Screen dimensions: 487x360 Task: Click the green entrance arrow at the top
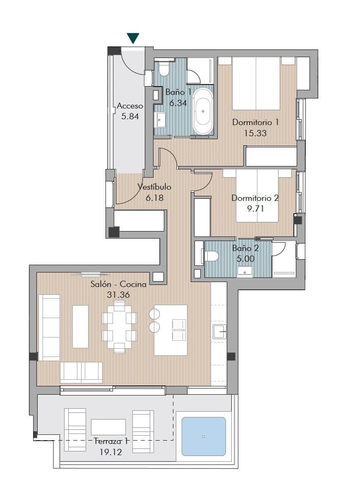coord(133,39)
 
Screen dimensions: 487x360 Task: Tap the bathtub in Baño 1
coord(203,111)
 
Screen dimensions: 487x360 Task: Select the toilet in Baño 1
coord(164,69)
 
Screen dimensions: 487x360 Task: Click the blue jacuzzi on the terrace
coord(204,436)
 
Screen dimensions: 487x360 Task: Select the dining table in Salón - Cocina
coord(119,327)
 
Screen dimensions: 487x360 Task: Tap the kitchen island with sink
coord(170,330)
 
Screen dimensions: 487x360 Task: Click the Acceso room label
coord(130,106)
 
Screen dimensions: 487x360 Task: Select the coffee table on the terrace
coord(108,427)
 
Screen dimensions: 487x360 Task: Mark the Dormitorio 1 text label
coord(255,123)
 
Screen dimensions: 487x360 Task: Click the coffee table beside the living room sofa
coord(80,327)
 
